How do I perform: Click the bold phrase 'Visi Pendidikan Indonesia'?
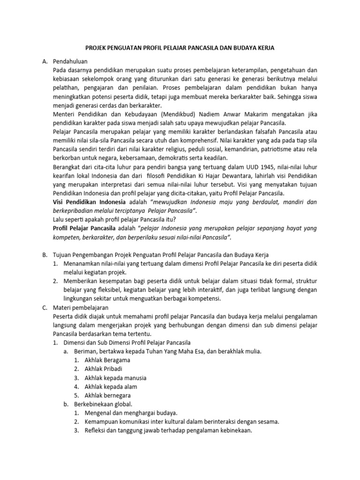89,202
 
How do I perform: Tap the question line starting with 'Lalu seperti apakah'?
118,219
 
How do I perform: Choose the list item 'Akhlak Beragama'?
107,360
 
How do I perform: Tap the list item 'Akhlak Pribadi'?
104,369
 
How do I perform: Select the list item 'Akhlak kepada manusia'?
115,377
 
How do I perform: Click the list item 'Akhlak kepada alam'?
111,386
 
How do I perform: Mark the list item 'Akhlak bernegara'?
108,395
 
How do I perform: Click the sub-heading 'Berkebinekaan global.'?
103,404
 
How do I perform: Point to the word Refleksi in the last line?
96,430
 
